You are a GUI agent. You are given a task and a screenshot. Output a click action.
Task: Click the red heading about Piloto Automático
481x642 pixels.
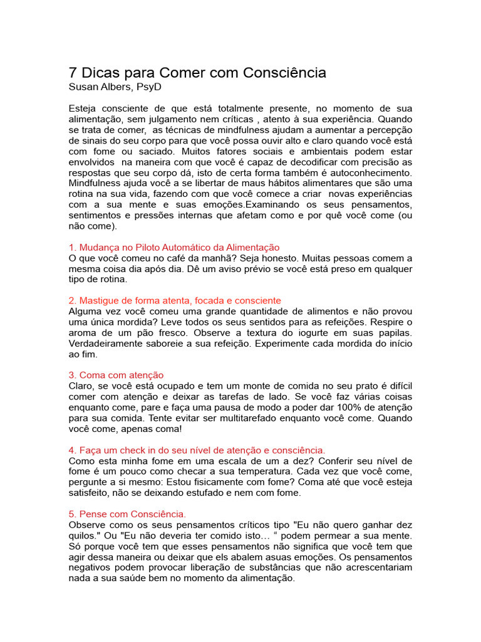coord(173,248)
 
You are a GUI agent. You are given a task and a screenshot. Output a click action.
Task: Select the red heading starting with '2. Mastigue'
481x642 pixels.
coord(175,301)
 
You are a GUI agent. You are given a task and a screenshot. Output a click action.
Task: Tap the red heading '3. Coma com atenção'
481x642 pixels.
coord(116,375)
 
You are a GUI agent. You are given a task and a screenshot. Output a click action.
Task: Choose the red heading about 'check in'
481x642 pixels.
coord(197,450)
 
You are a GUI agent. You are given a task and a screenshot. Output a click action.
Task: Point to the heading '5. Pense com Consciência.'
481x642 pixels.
coord(127,514)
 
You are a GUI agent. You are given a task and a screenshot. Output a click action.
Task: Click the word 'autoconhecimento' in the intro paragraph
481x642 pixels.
coord(371,172)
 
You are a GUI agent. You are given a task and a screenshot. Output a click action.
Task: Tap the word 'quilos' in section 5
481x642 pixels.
coord(81,535)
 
